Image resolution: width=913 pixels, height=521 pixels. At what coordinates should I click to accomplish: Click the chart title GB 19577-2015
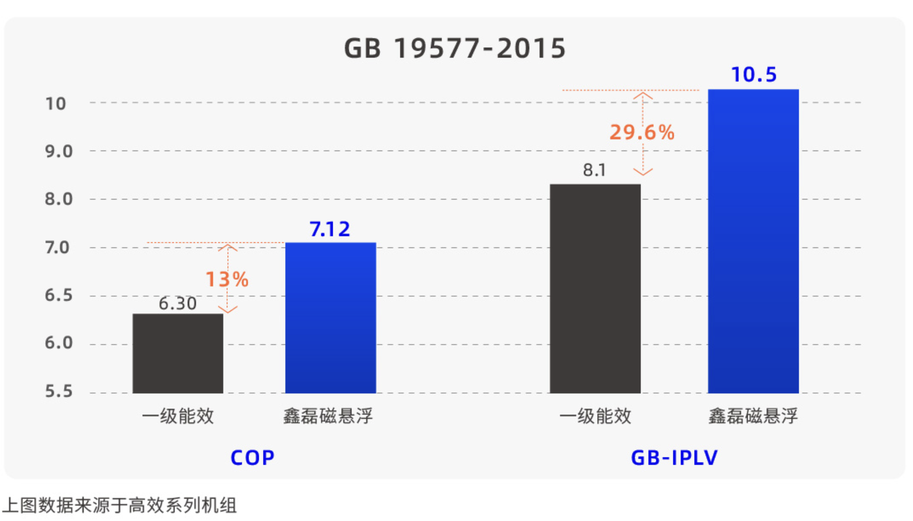(x=455, y=49)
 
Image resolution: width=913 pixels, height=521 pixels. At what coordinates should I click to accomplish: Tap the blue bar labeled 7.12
(x=331, y=318)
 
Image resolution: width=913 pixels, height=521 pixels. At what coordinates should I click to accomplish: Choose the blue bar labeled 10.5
(x=753, y=241)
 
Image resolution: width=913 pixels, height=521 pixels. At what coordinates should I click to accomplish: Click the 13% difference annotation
(x=227, y=279)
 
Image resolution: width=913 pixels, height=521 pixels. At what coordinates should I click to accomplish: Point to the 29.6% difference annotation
(x=642, y=132)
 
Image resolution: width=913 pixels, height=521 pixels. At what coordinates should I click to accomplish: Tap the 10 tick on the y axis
(x=56, y=104)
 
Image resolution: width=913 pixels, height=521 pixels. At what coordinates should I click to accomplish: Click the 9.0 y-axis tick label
(x=59, y=152)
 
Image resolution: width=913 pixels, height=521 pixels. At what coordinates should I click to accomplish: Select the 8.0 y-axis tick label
(x=59, y=199)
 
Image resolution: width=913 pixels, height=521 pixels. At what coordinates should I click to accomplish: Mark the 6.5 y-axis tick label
(x=59, y=295)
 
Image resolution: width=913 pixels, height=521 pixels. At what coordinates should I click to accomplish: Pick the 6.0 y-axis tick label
(x=59, y=343)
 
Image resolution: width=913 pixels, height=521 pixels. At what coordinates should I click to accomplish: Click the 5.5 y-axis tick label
(x=59, y=391)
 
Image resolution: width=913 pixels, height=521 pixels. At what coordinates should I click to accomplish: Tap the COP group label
(x=252, y=458)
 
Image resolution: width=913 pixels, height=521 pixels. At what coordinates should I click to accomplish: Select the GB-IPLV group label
(x=674, y=458)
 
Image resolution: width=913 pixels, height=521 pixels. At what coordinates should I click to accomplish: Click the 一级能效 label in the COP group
(x=178, y=416)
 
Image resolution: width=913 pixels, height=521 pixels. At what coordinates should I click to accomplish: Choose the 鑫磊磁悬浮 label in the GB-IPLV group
(x=753, y=416)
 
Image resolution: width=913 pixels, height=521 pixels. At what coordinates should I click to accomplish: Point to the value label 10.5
(x=754, y=75)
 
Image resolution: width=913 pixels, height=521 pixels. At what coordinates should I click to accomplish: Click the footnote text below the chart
(x=119, y=505)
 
